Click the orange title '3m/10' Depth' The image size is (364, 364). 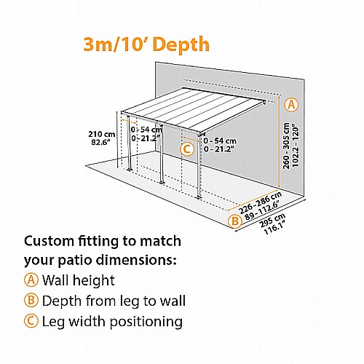(x=146, y=45)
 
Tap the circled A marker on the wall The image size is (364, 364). (x=291, y=105)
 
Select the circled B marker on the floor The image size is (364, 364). (x=235, y=221)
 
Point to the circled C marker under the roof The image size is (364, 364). (x=187, y=149)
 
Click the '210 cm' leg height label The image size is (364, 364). (x=102, y=134)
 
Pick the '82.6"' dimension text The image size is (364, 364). (x=99, y=142)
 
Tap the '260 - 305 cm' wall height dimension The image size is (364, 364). (x=286, y=146)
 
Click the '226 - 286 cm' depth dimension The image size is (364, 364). (x=260, y=203)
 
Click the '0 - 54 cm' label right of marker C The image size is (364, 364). (x=220, y=141)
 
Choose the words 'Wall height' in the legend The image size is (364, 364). (x=78, y=280)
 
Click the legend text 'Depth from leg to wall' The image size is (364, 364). (x=114, y=301)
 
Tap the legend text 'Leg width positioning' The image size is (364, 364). (x=112, y=322)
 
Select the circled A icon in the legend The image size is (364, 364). (x=31, y=280)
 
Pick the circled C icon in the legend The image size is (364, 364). (x=31, y=321)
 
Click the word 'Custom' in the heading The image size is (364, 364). (x=49, y=242)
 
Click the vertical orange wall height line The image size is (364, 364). (x=279, y=141)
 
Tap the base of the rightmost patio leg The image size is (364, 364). (x=199, y=197)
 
